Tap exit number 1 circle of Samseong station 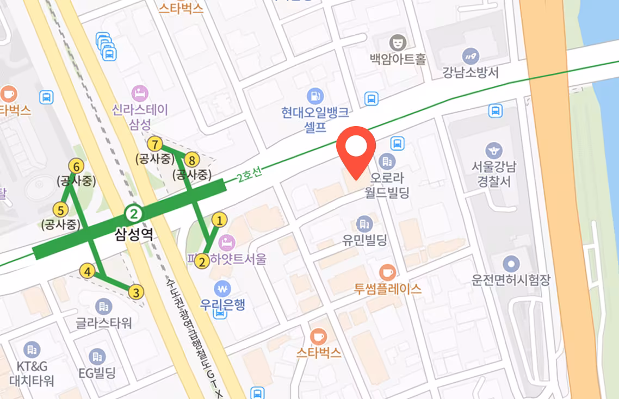point(219,220)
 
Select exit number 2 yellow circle point(202,262)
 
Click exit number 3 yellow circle point(136,292)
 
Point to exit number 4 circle point(86,270)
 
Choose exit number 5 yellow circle point(60,209)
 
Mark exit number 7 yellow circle point(156,144)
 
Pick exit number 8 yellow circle point(191,160)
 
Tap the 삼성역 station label point(134,234)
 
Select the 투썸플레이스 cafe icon point(387,272)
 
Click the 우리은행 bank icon point(222,287)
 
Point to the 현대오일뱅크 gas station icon point(314,96)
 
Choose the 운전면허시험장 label point(511,280)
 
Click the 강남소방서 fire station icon point(470,55)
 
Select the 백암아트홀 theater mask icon point(398,42)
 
